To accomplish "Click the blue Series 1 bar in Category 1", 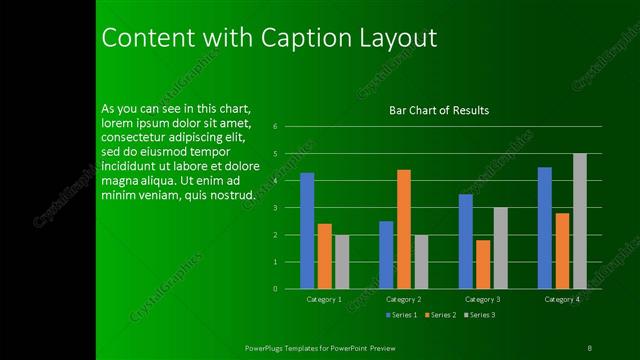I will [x=307, y=231].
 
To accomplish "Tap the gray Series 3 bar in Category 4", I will [x=579, y=221].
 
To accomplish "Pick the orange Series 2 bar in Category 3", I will [x=483, y=264].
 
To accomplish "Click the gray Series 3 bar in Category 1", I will [x=342, y=262].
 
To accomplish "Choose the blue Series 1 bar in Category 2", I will [x=386, y=255].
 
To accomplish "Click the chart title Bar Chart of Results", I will [x=439, y=110].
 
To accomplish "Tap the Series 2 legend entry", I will [x=443, y=315].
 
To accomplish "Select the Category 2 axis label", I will [x=403, y=299].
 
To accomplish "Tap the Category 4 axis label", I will [x=561, y=299].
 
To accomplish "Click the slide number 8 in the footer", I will [x=590, y=347].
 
